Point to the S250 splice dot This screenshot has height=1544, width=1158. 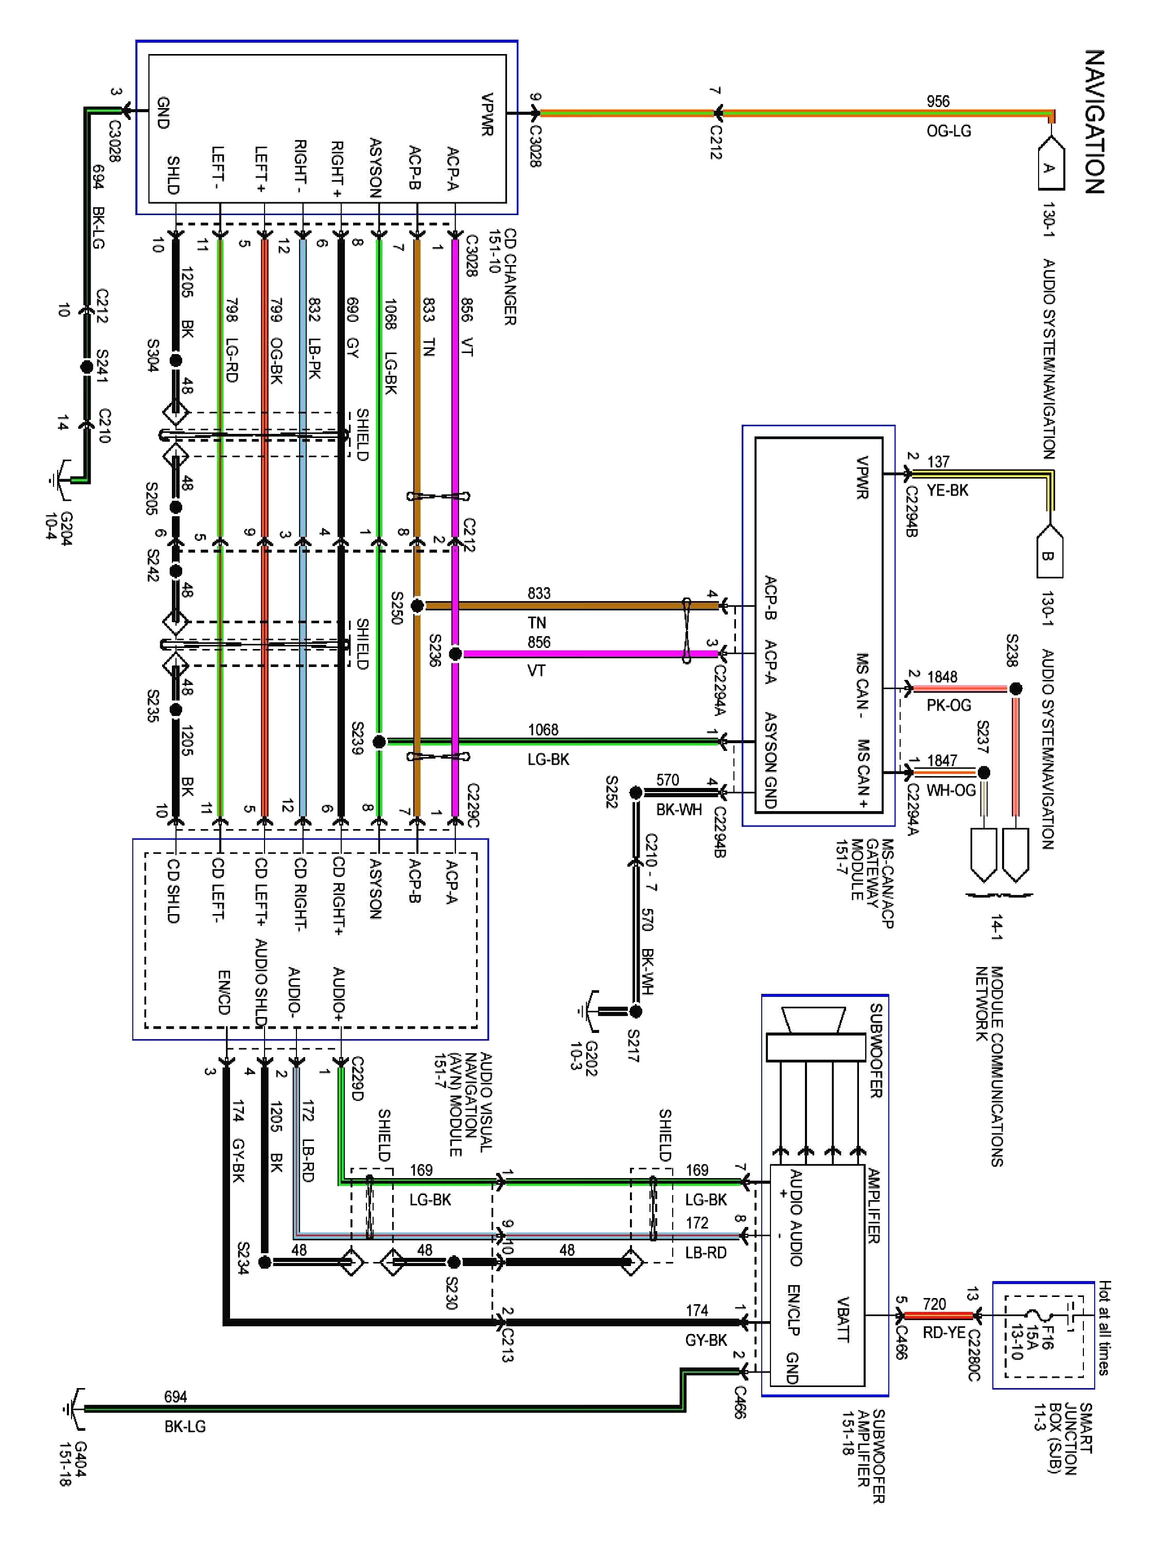pos(417,606)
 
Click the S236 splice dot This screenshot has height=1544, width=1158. pos(454,654)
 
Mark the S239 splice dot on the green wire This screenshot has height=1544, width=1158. pos(379,741)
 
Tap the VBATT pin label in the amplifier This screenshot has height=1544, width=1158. pos(843,1319)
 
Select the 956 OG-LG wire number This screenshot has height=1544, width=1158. pos(937,101)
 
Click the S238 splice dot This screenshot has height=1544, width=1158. pos(1015,689)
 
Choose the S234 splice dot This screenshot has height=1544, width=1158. pos(265,1262)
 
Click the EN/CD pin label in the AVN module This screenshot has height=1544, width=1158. pos(224,992)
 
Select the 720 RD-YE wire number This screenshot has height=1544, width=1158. pos(934,1304)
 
